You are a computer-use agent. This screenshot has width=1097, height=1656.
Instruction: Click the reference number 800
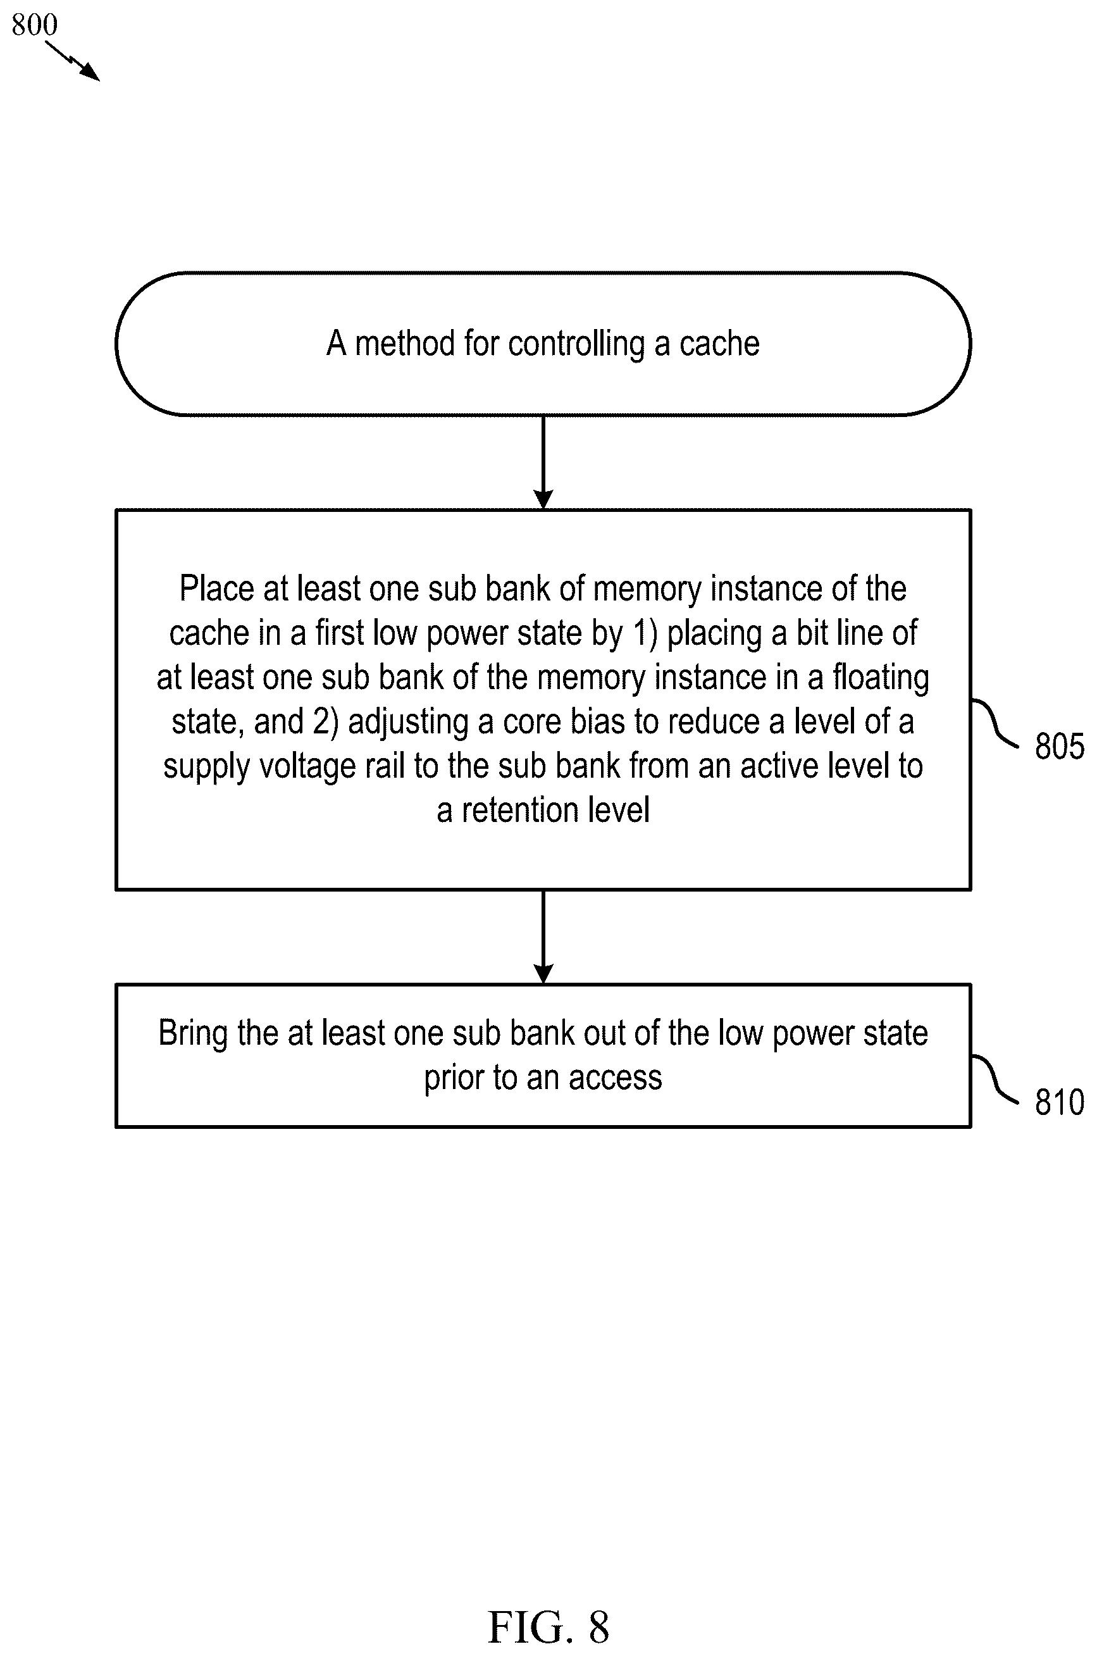[34, 25]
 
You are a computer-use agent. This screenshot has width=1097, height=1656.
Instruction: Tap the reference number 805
[1059, 746]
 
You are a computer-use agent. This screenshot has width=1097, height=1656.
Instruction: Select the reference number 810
[1059, 1102]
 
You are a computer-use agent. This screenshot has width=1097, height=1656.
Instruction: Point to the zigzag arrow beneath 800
[73, 61]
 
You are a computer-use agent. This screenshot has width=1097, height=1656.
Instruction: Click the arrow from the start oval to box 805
[543, 463]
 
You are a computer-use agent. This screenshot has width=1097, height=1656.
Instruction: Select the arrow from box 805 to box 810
[543, 937]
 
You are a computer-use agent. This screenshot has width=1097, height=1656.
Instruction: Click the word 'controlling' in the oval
[576, 344]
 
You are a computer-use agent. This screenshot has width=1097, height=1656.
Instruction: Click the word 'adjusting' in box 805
[409, 722]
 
